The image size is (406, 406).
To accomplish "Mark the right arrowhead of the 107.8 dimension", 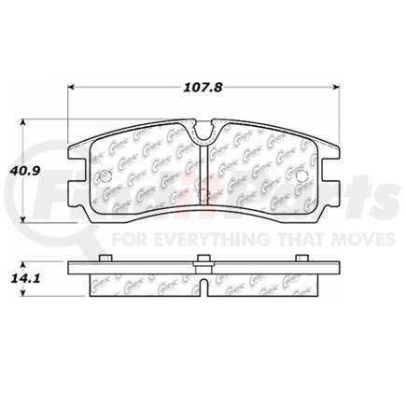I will pyautogui.click(x=339, y=88).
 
